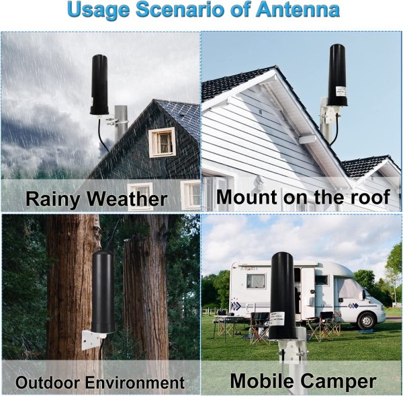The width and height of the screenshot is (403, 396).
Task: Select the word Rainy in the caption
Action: (x=53, y=198)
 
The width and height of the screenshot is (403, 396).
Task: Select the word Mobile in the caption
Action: (x=263, y=381)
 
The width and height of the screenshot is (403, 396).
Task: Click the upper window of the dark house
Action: (x=161, y=142)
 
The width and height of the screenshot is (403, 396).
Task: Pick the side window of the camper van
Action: (x=256, y=280)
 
